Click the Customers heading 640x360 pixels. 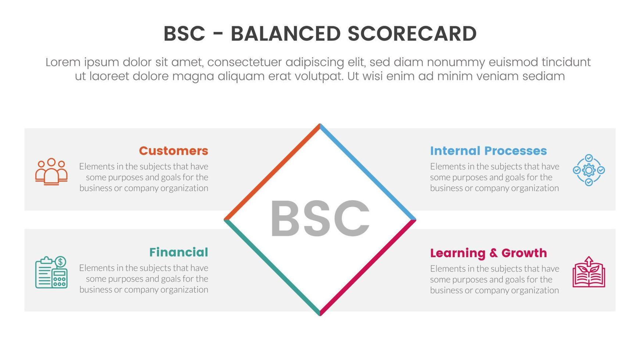click(173, 151)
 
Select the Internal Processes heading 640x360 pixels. click(488, 151)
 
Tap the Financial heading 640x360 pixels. click(179, 252)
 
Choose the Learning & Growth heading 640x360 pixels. click(488, 253)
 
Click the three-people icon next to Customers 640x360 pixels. click(51, 171)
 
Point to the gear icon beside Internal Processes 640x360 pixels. click(589, 170)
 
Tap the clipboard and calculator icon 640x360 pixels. click(51, 273)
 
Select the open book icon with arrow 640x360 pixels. click(589, 272)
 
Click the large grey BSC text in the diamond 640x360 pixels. click(320, 219)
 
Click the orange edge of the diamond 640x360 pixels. click(272, 172)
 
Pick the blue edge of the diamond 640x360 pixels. click(368, 172)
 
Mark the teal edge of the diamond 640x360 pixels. click(272, 267)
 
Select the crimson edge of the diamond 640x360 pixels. click(368, 267)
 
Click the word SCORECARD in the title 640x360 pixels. click(412, 34)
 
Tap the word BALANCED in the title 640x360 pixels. click(285, 34)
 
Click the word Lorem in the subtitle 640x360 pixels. click(63, 62)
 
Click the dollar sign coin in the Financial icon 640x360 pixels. click(61, 262)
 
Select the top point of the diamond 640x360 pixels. click(320, 125)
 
